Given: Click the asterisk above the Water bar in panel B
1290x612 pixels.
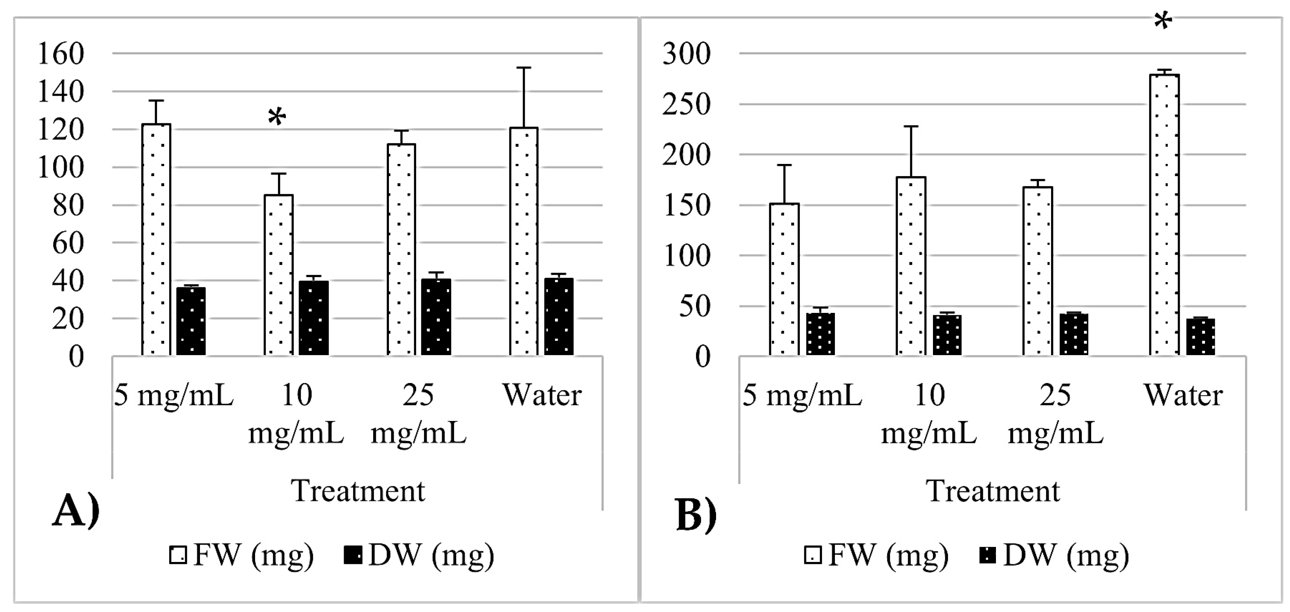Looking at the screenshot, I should pos(1163,21).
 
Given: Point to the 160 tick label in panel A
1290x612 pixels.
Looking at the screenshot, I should pos(61,54).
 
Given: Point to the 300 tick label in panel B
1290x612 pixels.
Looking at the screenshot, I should pos(686,54).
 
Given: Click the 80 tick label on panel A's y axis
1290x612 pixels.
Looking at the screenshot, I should pos(68,205).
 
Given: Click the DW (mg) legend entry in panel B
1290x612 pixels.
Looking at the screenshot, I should pos(1054,555).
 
